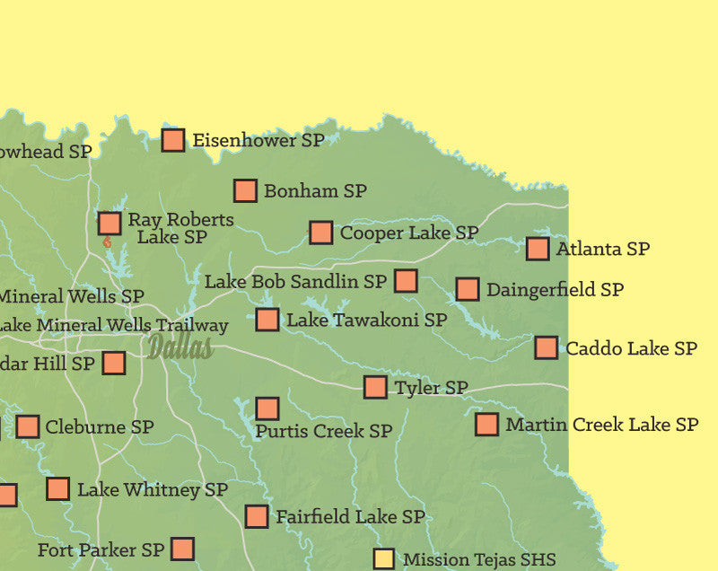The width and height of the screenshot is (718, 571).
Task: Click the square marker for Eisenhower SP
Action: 173,140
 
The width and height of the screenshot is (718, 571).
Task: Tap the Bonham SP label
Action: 314,191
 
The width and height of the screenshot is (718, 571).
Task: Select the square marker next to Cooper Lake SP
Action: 320,233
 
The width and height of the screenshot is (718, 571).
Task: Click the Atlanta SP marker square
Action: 538,249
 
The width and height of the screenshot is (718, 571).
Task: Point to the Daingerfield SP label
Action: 555,290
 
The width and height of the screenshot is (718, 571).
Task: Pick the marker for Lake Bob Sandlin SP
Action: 406,281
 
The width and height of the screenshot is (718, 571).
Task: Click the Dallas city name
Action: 180,347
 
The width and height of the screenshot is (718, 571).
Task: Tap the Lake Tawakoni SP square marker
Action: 267,320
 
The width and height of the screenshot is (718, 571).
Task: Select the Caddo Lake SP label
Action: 631,348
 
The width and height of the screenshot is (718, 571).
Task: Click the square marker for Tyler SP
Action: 375,388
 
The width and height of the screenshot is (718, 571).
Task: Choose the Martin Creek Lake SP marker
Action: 486,425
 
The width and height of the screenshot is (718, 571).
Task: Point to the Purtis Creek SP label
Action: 323,432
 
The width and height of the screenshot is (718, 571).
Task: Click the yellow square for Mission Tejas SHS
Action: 383,559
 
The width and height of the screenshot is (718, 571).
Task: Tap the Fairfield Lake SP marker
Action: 257,517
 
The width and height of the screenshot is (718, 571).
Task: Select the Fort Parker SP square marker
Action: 182,549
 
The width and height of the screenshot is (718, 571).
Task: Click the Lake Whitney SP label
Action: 152,490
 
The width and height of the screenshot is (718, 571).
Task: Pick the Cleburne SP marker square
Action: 28,427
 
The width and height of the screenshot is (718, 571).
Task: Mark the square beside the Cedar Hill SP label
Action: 113,364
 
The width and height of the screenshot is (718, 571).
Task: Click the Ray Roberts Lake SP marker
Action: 109,224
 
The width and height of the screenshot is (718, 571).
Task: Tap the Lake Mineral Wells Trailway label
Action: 113,326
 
